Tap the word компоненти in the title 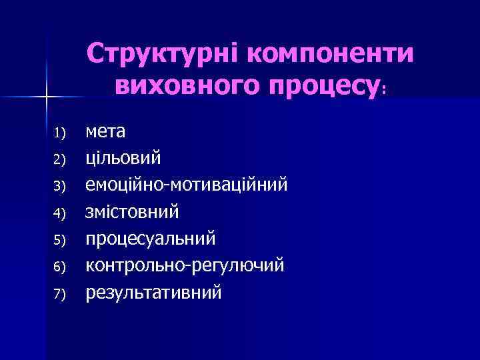pyautogui.click(x=331, y=54)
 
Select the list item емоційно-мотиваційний pyautogui.click(x=187, y=185)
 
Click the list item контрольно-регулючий pyautogui.click(x=185, y=265)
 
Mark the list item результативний pyautogui.click(x=153, y=292)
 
